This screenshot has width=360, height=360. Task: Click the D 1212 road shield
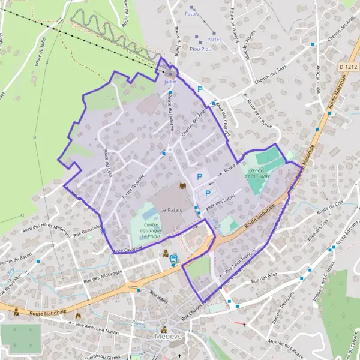click(x=346, y=67)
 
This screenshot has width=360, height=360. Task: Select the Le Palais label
click(x=171, y=209)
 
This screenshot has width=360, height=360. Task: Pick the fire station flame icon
click(x=78, y=314)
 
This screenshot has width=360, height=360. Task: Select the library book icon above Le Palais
click(x=183, y=187)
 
